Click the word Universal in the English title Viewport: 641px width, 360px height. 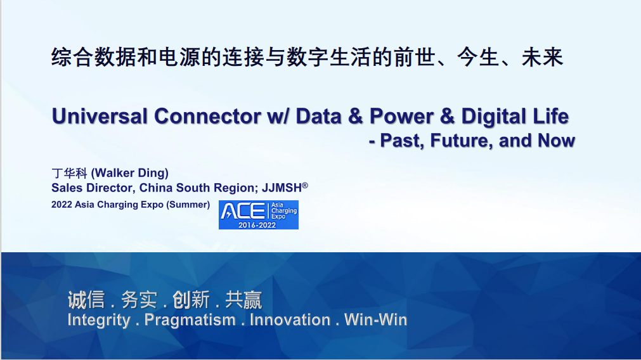click(x=100, y=116)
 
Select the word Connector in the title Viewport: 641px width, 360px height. click(x=207, y=116)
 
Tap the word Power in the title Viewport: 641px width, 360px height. click(x=401, y=116)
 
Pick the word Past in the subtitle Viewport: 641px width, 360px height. click(x=402, y=141)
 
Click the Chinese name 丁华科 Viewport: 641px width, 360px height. click(x=70, y=173)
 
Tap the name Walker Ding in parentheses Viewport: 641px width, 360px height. click(x=129, y=173)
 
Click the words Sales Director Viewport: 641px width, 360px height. click(x=93, y=188)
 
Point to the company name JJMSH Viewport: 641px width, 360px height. click(x=282, y=188)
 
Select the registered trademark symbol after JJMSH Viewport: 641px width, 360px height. click(x=305, y=185)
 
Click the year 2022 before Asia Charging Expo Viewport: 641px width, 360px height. click(x=62, y=204)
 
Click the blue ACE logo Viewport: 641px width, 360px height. click(x=258, y=214)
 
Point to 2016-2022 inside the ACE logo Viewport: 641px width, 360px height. click(x=257, y=225)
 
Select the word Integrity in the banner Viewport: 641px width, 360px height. click(x=99, y=320)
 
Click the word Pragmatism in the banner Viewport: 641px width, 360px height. click(x=190, y=320)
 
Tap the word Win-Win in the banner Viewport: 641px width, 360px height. click(x=376, y=319)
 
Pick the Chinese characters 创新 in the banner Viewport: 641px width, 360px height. click(x=191, y=300)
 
